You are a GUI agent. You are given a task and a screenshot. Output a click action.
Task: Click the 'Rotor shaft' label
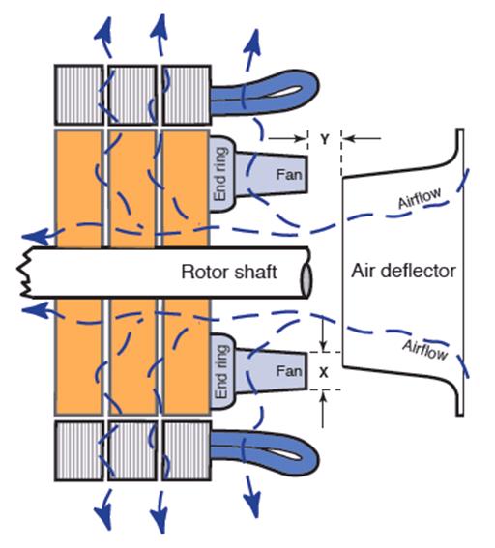click(229, 272)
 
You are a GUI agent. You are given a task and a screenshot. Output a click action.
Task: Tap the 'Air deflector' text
click(403, 271)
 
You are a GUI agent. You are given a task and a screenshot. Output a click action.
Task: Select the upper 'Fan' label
click(289, 174)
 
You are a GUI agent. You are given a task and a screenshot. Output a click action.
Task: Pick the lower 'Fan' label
click(289, 371)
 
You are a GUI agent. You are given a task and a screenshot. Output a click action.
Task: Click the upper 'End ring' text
click(221, 174)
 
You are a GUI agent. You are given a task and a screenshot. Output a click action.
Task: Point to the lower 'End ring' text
click(221, 372)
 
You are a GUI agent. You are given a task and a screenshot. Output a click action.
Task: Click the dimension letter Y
click(325, 139)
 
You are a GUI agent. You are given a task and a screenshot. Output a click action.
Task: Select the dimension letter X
click(324, 372)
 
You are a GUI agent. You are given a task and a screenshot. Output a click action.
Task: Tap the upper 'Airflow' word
click(420, 198)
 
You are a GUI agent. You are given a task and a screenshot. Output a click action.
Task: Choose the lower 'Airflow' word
click(424, 350)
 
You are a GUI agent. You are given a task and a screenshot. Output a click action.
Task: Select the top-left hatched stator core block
click(79, 95)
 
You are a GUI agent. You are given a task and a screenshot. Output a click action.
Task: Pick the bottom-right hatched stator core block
click(187, 450)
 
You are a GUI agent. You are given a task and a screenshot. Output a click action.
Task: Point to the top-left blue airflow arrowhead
click(103, 28)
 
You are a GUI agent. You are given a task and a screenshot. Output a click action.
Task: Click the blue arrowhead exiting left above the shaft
click(35, 236)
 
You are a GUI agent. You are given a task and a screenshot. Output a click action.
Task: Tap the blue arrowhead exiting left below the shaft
click(35, 310)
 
